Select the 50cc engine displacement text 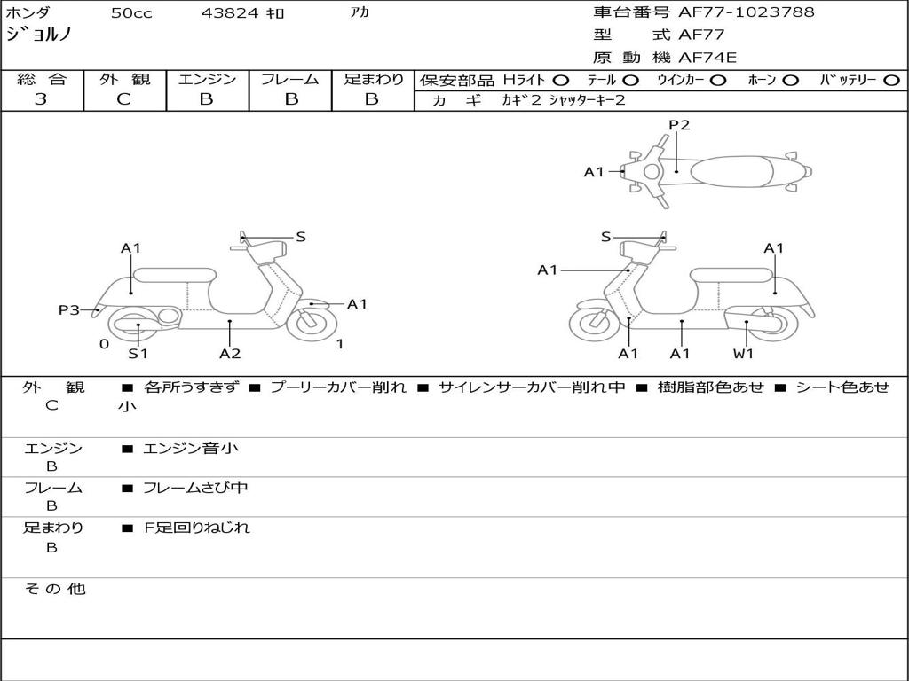[x=131, y=13]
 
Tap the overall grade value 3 [x=41, y=99]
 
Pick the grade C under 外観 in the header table [x=124, y=99]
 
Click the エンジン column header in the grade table [x=207, y=80]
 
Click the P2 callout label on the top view [x=679, y=125]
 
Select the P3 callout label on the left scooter [x=69, y=310]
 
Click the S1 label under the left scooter [x=138, y=354]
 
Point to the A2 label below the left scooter [x=230, y=354]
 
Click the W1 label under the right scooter [x=743, y=354]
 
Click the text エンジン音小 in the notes [x=191, y=449]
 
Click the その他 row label [x=54, y=589]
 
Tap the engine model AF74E [x=707, y=59]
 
